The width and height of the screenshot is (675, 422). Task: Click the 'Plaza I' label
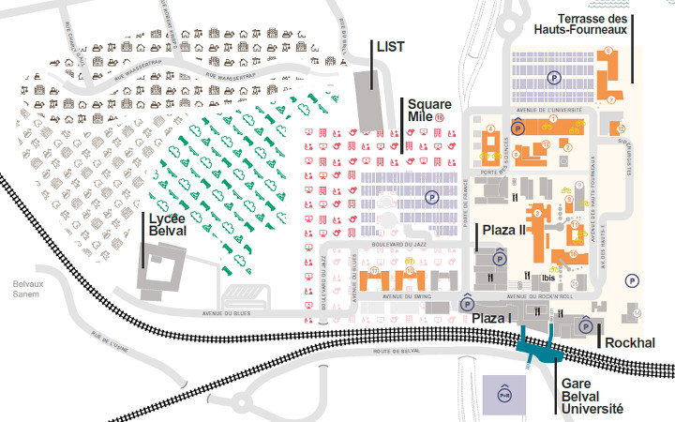(x=493, y=319)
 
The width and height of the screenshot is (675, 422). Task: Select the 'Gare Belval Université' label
(x=592, y=396)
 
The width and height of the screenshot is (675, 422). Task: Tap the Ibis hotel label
(x=548, y=278)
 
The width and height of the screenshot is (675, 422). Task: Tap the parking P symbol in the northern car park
(x=555, y=81)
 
